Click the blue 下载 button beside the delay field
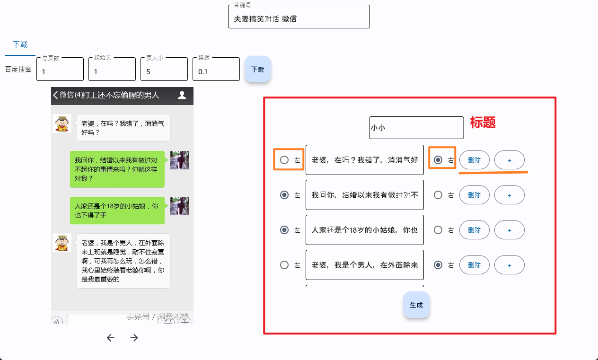click(x=257, y=69)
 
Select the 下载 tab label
click(x=20, y=44)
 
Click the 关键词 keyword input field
click(x=299, y=19)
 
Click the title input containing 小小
click(x=416, y=128)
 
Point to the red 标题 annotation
click(x=483, y=123)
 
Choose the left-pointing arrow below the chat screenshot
click(x=111, y=338)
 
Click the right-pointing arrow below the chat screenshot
click(x=134, y=338)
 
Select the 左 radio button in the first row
click(x=284, y=160)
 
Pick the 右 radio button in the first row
click(x=439, y=160)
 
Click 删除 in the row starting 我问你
click(x=474, y=195)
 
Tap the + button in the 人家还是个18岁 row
click(x=509, y=230)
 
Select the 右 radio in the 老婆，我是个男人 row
click(x=439, y=265)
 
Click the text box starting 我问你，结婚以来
click(x=364, y=195)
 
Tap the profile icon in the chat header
click(x=182, y=95)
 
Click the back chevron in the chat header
click(x=55, y=95)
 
